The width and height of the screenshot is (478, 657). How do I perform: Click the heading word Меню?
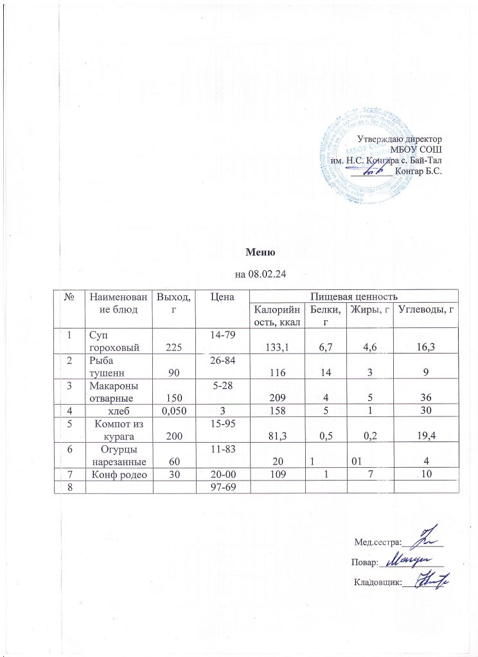(x=260, y=252)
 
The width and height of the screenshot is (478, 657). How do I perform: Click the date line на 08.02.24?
(x=260, y=275)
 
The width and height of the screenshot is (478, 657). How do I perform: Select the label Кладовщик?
(x=377, y=582)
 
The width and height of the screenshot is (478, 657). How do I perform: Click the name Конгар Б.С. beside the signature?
(x=420, y=171)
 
